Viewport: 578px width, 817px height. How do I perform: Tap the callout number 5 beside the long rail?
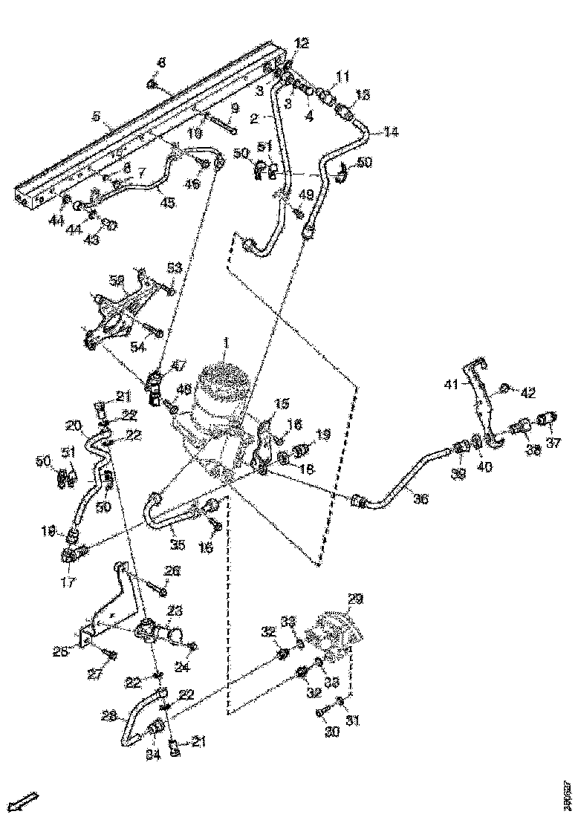coord(95,116)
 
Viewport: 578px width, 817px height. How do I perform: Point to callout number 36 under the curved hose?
coord(420,499)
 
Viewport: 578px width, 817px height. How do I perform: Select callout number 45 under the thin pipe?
coord(168,202)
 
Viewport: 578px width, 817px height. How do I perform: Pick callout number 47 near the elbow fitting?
coord(178,366)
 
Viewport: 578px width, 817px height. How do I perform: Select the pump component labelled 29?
coord(339,631)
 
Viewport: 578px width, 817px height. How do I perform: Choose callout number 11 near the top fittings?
coord(342,76)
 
